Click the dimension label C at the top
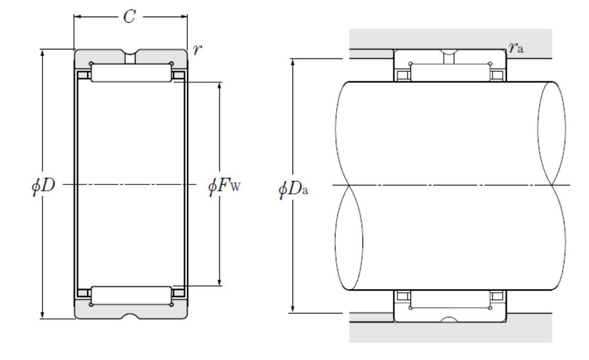pos(130,17)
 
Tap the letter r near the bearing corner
pos(197,49)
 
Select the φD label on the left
pos(44,185)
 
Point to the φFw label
pos(224,186)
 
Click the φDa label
pos(293,189)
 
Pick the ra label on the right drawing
pos(516,47)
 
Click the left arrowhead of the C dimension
pos(77,16)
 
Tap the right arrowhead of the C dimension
pos(184,16)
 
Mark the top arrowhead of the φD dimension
pos(42,53)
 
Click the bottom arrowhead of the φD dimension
pos(42,315)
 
